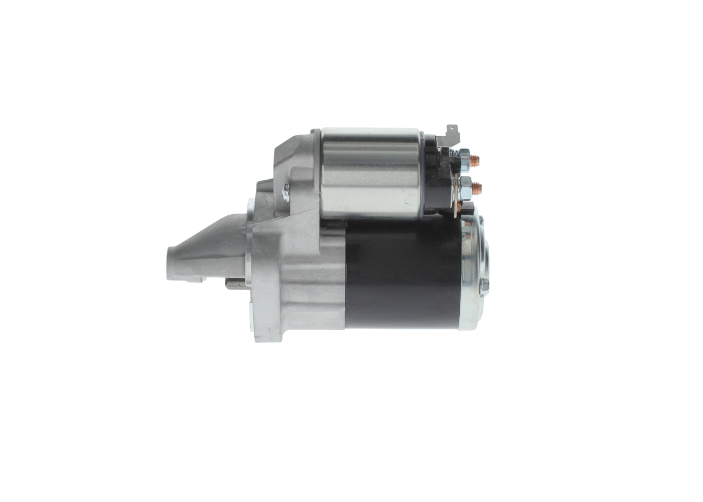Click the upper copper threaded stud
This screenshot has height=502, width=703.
click(x=475, y=160)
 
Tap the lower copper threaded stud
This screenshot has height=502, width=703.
click(x=476, y=188)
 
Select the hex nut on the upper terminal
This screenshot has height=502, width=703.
click(x=465, y=160)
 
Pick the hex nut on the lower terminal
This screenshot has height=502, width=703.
click(x=465, y=188)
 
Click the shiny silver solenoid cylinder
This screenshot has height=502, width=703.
click(x=371, y=172)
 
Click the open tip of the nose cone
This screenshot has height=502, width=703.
click(x=170, y=264)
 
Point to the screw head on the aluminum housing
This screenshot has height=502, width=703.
click(x=286, y=192)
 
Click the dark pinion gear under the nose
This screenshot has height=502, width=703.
click(x=235, y=283)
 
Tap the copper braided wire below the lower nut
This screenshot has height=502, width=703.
click(x=459, y=207)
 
